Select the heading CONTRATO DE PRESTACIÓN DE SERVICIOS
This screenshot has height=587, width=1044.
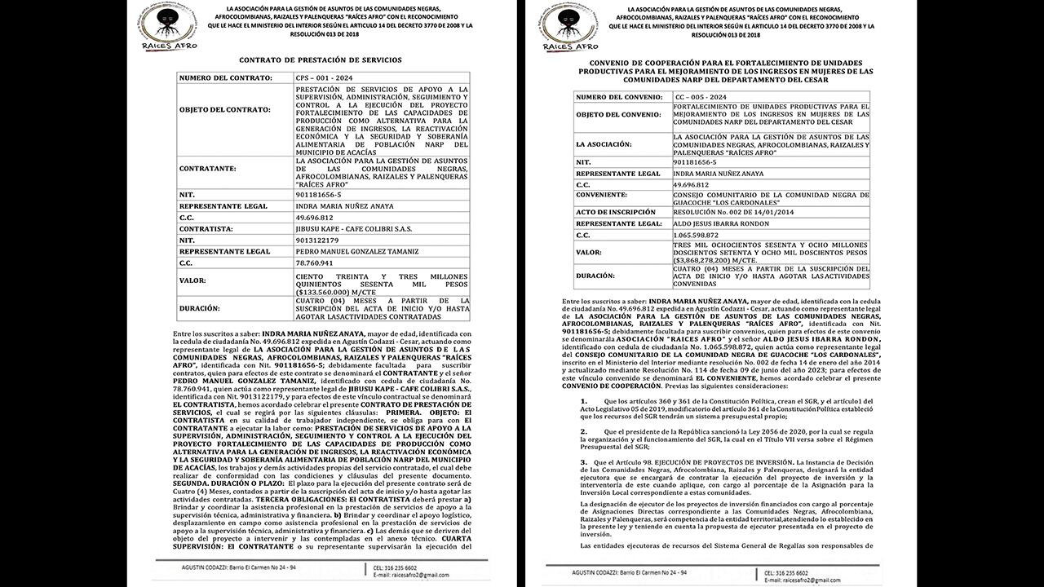[x=320, y=60]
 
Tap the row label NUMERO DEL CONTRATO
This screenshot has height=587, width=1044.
[x=226, y=77]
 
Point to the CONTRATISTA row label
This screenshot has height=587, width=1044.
[x=212, y=229]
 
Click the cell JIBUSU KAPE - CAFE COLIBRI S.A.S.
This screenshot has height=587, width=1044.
[x=353, y=229]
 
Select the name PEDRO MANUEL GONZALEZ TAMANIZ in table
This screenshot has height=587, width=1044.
[x=356, y=252]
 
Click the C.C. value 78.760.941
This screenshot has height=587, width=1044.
[x=314, y=263]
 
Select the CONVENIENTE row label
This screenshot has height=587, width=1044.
[x=601, y=196]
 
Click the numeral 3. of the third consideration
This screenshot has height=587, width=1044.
[x=583, y=461]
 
